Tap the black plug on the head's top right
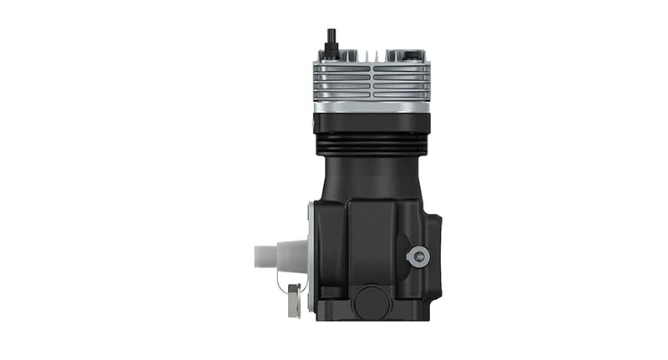coord(413,55)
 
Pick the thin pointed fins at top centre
coord(380,57)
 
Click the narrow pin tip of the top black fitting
coord(331,33)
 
